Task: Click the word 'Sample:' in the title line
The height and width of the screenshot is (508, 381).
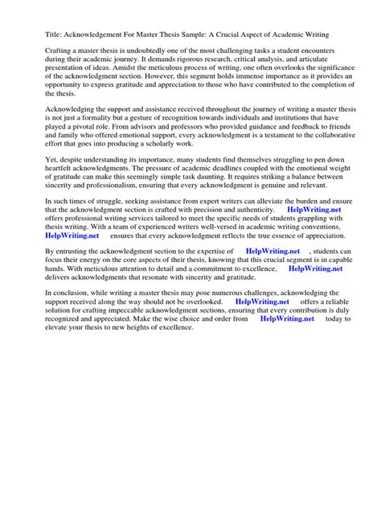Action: [x=207, y=36]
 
